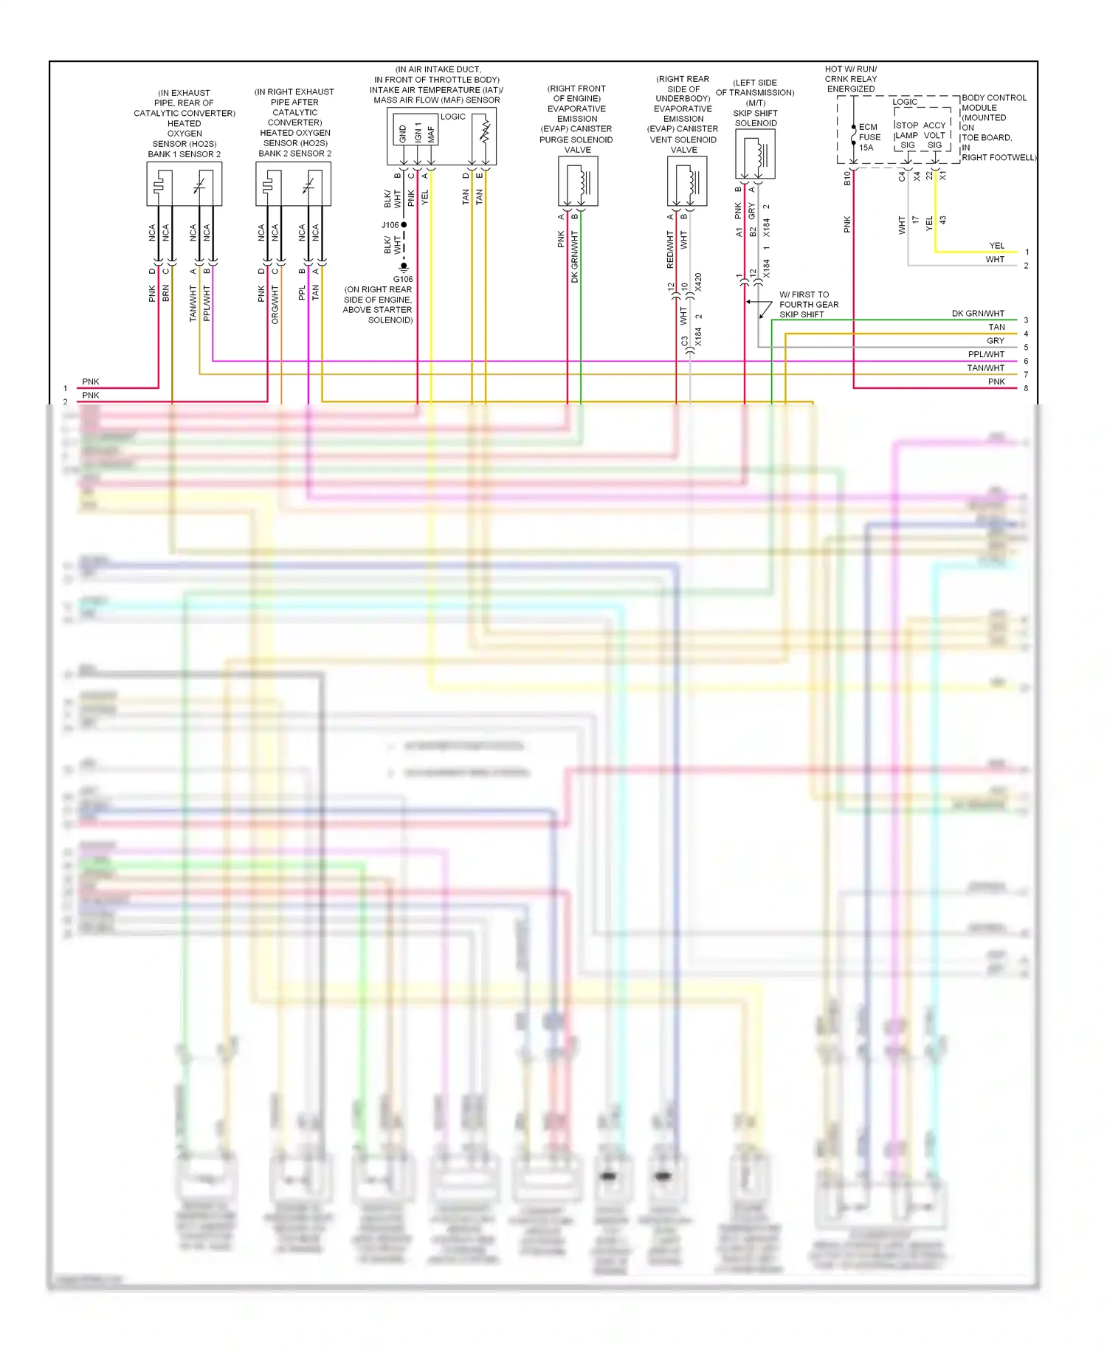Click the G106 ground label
pos(403,279)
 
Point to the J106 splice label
pos(390,225)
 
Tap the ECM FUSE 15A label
pos(869,137)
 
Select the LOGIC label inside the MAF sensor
pos(452,117)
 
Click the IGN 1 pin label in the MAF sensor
pos(418,133)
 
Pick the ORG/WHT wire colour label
pos(275,305)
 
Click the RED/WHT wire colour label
pos(670,249)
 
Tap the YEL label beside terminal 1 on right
pos(996,246)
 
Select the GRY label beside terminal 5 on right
pos(995,341)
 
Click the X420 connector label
pos(698,283)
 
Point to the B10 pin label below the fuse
pos(847,178)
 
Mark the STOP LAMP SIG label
pos(906,135)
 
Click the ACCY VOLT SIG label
pos(934,135)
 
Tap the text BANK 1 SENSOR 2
pos(184,154)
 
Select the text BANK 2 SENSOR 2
pos(294,153)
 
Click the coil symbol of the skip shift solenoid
pos(761,154)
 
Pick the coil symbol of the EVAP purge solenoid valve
pos(584,181)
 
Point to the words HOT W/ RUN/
pos(850,69)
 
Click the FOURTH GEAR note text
pos(809,305)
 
